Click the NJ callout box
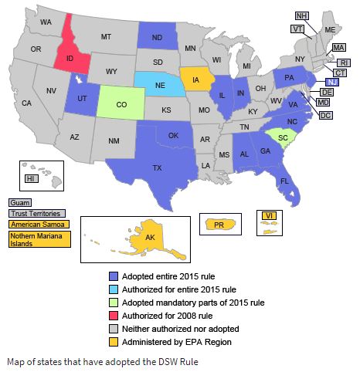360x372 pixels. (331, 82)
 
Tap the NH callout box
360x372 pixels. (301, 15)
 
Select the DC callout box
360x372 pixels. (325, 115)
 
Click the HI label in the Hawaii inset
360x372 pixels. (32, 178)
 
